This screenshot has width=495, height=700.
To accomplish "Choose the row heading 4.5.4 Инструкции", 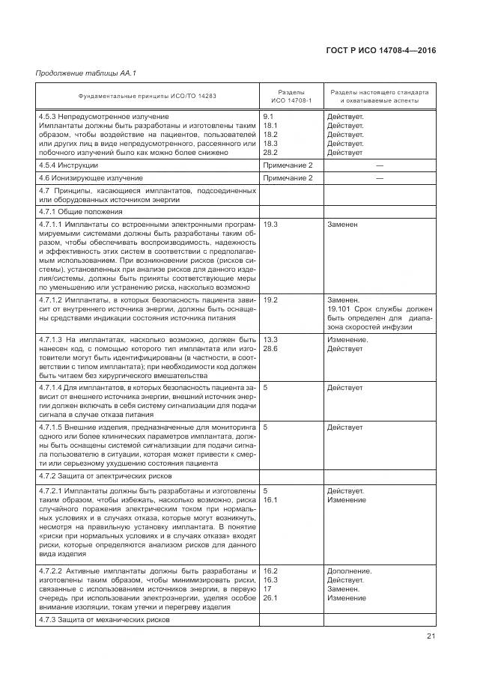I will coord(68,164).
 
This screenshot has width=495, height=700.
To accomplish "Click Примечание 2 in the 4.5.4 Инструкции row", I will coord(288,164).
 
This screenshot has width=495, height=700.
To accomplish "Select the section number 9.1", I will coord(269,117).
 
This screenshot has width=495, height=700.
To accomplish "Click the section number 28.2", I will coord(271,152).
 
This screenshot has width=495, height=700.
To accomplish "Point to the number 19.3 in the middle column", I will coord(271,224).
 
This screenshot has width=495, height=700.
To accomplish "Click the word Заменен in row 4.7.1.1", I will coord(342,224).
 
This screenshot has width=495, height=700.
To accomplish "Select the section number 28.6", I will coord(271,348).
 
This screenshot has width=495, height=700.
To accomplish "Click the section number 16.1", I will coord(271,499).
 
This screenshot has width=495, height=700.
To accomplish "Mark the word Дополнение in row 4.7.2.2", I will coord(349,571).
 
